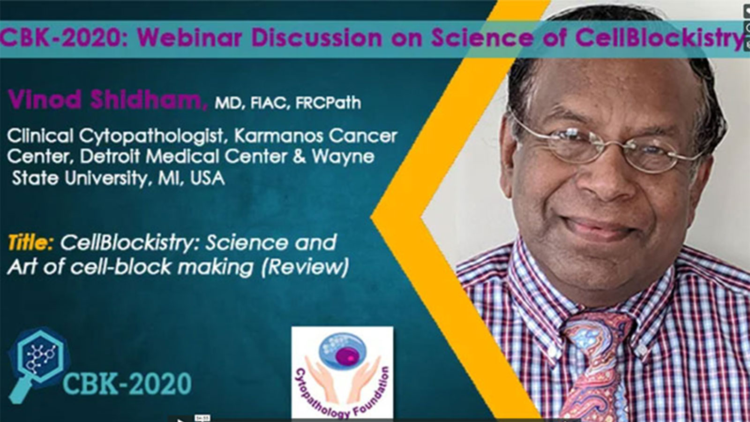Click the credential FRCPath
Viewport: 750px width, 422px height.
point(328,103)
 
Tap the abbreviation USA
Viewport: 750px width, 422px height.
point(207,178)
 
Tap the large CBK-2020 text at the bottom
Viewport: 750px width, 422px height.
point(127,384)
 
